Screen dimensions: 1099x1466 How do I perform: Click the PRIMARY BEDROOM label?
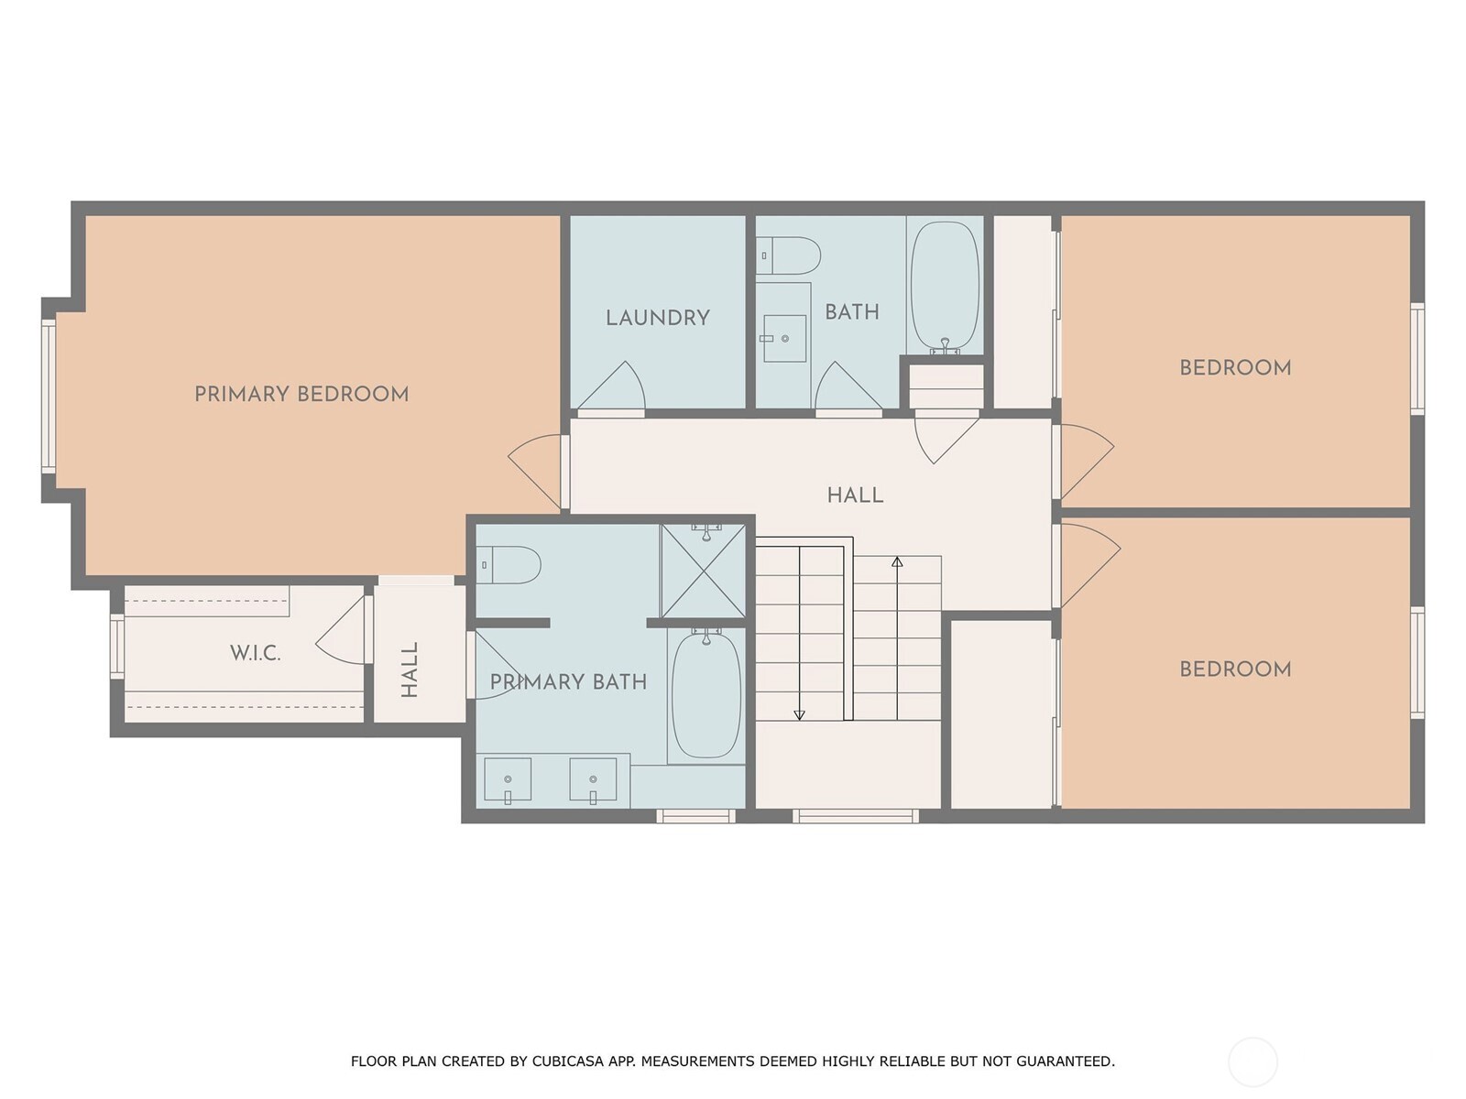click(x=301, y=394)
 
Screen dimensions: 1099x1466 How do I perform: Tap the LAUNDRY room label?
click(x=657, y=318)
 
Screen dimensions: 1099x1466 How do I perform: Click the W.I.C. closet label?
click(x=255, y=653)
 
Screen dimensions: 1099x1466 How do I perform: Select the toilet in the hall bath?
click(x=790, y=256)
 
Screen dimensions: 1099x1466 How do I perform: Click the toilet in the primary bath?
click(x=509, y=565)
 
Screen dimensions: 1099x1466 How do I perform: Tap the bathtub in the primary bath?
click(x=706, y=694)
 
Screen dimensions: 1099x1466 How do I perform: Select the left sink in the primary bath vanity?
click(x=507, y=779)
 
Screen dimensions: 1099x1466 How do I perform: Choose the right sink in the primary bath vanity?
click(x=593, y=779)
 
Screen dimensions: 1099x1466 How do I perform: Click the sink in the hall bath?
click(x=784, y=338)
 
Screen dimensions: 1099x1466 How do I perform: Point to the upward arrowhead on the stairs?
click(x=897, y=561)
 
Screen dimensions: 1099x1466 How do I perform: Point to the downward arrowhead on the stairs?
click(x=799, y=714)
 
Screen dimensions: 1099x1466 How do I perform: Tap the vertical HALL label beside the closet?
click(x=410, y=669)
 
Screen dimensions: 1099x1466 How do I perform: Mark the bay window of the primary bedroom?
click(x=49, y=397)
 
